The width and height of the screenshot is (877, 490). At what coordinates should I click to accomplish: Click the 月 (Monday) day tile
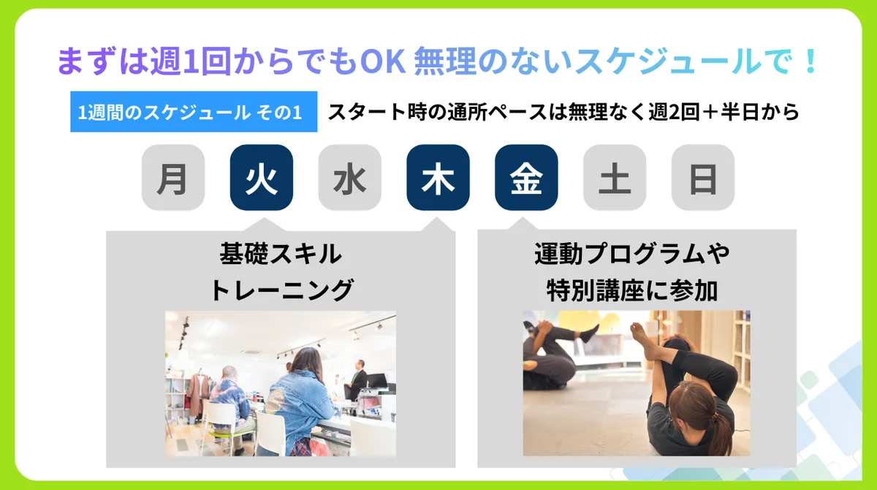click(x=173, y=178)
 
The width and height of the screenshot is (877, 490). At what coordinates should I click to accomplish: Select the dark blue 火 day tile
click(x=262, y=178)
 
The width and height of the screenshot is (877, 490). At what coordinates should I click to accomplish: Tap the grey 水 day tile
click(x=349, y=178)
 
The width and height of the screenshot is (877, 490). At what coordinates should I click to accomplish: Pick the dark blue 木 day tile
click(x=438, y=178)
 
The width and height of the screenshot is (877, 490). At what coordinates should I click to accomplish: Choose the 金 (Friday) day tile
click(x=526, y=178)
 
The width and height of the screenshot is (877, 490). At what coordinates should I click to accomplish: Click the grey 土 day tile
click(x=615, y=178)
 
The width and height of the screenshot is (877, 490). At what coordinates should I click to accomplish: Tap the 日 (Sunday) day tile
click(x=703, y=178)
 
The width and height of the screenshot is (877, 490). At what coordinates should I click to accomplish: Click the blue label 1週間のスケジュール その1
click(x=194, y=112)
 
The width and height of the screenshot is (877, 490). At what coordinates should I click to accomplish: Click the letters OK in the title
click(x=382, y=61)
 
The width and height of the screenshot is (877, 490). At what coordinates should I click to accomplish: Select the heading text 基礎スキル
click(x=281, y=254)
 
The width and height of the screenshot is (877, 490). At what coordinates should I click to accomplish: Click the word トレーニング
click(x=282, y=290)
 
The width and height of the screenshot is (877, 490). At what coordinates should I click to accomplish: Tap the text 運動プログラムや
click(x=632, y=254)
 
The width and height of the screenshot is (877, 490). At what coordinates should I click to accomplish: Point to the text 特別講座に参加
click(x=632, y=290)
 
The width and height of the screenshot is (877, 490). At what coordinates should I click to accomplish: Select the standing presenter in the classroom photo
click(x=359, y=382)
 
